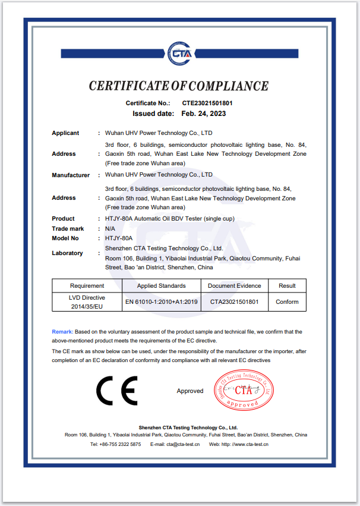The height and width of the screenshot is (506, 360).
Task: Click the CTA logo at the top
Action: (x=179, y=52)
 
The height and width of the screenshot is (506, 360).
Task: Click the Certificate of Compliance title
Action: (x=179, y=86)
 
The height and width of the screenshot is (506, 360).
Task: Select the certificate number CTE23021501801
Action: (x=207, y=103)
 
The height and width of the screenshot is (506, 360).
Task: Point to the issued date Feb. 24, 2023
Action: (x=204, y=113)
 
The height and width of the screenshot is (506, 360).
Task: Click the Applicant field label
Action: (x=65, y=133)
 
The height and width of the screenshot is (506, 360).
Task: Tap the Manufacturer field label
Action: (x=71, y=175)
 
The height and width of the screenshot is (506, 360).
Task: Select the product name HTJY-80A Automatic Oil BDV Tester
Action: (x=170, y=219)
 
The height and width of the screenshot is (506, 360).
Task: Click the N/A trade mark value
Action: (x=110, y=228)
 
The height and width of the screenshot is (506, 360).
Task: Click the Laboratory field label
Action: (x=67, y=253)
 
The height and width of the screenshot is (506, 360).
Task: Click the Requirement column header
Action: (x=87, y=286)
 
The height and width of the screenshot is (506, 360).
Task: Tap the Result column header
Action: (x=287, y=286)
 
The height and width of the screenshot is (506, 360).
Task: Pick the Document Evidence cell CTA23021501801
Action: (x=235, y=302)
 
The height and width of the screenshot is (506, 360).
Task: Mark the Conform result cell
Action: (x=287, y=302)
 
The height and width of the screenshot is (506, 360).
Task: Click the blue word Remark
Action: (x=62, y=331)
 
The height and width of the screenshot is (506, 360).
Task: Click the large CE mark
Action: (x=117, y=391)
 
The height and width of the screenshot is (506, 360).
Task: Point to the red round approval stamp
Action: (x=244, y=391)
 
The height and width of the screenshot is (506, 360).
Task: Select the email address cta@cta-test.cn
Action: (x=183, y=444)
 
